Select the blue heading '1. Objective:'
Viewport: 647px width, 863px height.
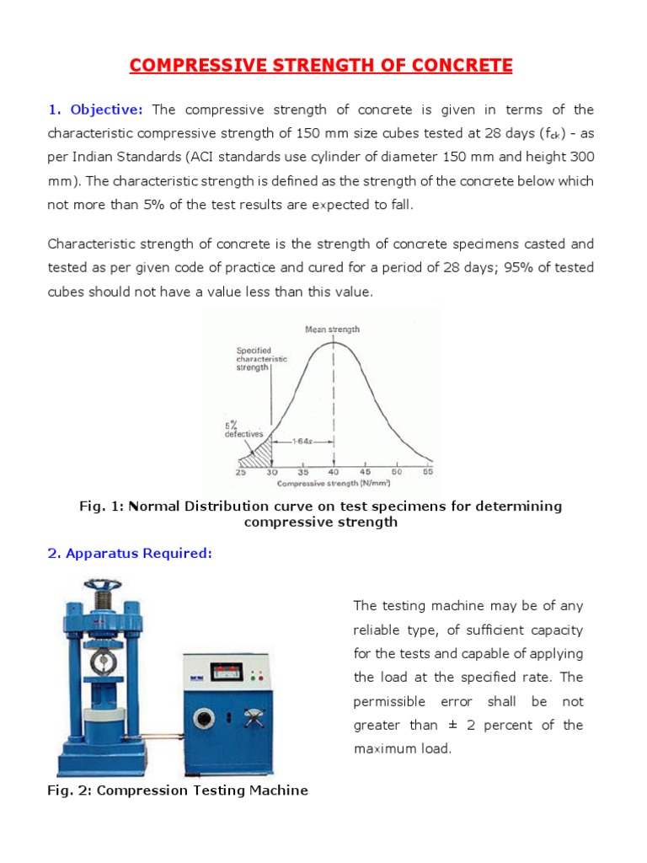point(96,110)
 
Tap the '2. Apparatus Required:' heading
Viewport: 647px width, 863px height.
point(131,553)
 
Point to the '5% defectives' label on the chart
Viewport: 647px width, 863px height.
point(243,429)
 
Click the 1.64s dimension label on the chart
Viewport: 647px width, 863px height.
point(302,441)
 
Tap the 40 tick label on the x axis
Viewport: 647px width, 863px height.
point(334,473)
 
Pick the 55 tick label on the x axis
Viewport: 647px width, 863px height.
point(428,473)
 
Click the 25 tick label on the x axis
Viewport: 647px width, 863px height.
point(242,473)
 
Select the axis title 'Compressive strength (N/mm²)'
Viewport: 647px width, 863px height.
point(334,484)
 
